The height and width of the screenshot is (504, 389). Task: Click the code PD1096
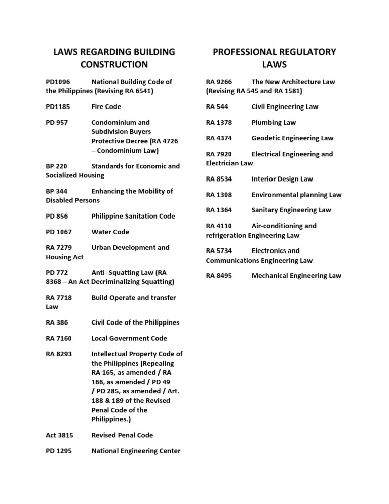click(58, 82)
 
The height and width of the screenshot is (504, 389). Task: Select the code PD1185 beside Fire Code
click(58, 107)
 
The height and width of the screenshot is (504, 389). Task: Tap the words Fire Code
click(106, 107)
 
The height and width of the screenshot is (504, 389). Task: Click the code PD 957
click(57, 122)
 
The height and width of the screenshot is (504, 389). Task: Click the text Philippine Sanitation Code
click(133, 216)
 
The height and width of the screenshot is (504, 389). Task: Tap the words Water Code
click(110, 232)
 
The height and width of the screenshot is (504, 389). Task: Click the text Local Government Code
click(129, 338)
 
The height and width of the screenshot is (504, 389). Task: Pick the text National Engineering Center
click(136, 451)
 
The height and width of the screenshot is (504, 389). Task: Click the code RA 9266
click(219, 82)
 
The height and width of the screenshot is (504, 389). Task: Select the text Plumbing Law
click(274, 122)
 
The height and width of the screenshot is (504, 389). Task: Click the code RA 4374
click(219, 138)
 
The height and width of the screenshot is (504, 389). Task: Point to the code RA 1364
click(219, 210)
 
